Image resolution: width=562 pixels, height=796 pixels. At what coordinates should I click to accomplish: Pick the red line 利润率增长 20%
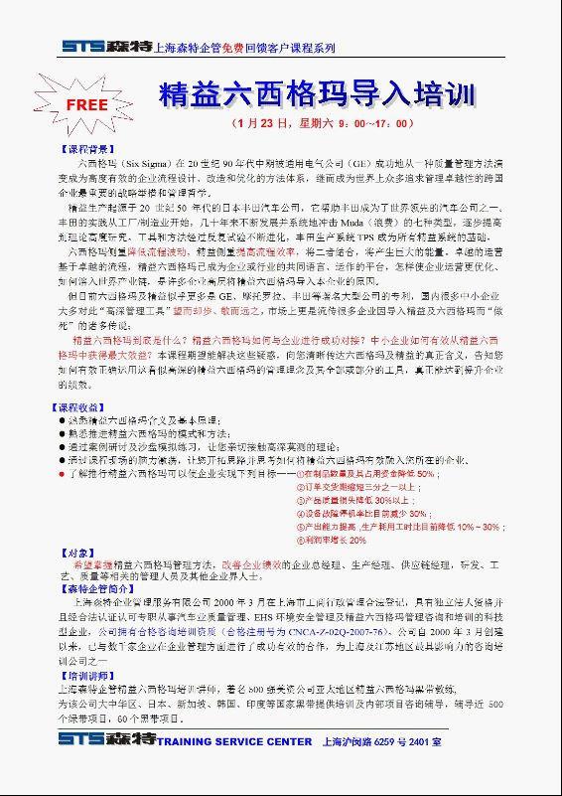pyautogui.click(x=334, y=539)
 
